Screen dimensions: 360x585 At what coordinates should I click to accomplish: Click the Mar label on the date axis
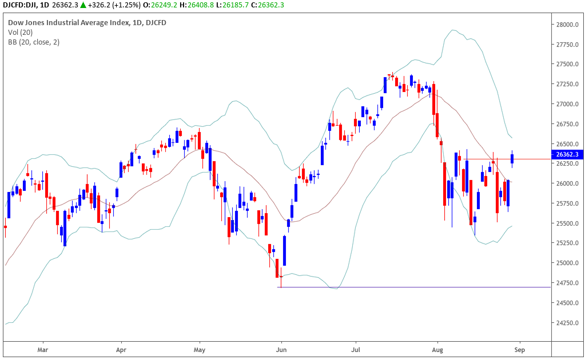point(42,348)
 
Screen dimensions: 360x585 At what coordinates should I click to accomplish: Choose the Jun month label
point(281,348)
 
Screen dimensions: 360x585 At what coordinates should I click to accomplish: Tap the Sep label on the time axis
point(519,348)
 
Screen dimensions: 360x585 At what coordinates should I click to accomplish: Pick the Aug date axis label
point(438,348)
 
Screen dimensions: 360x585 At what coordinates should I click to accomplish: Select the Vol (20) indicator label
point(20,33)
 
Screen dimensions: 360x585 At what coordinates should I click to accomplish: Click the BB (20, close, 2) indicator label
point(33,42)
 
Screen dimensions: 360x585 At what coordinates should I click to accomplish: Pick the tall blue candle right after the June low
point(285,250)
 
